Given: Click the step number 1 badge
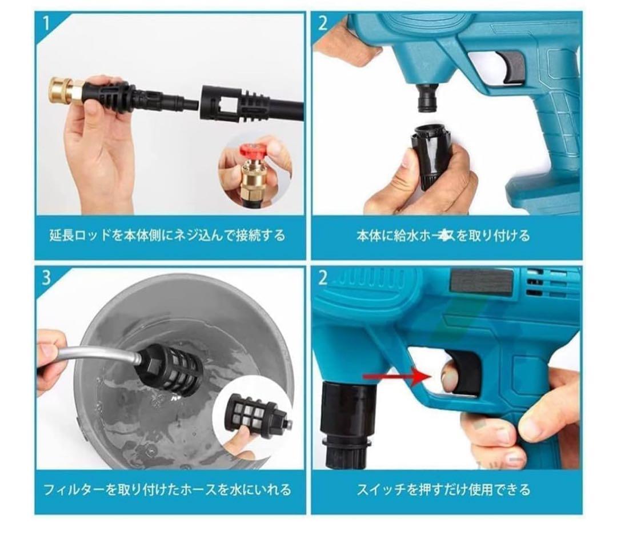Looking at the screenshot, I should (46, 23).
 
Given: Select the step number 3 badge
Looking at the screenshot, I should (46, 277).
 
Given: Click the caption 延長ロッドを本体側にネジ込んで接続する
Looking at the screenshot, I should (166, 235).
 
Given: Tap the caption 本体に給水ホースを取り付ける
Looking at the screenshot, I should (443, 235).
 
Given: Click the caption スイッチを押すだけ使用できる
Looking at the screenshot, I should (443, 490).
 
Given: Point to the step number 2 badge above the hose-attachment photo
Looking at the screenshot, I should (323, 23).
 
